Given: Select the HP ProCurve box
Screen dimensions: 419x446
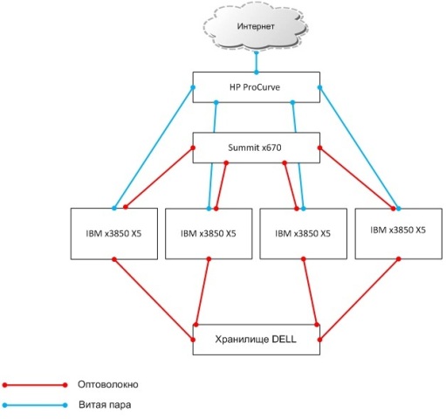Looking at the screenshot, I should (256, 87).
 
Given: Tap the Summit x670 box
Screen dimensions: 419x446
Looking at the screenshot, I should (257, 147).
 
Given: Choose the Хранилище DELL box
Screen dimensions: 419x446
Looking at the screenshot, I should (257, 338).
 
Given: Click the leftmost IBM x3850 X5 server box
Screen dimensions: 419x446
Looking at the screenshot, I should (113, 233).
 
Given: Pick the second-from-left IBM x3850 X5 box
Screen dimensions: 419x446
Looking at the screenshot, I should (209, 234).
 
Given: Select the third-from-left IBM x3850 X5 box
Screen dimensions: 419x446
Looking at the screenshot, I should (302, 234).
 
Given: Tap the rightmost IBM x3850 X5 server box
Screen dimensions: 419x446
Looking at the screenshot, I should (397, 231).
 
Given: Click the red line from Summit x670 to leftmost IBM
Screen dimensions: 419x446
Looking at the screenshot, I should (159, 178).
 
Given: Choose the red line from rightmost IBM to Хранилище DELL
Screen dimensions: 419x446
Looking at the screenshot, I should (360, 297).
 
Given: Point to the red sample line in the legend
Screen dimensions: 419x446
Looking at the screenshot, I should (35, 384).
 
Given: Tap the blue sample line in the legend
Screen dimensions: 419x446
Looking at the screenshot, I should (35, 406).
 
